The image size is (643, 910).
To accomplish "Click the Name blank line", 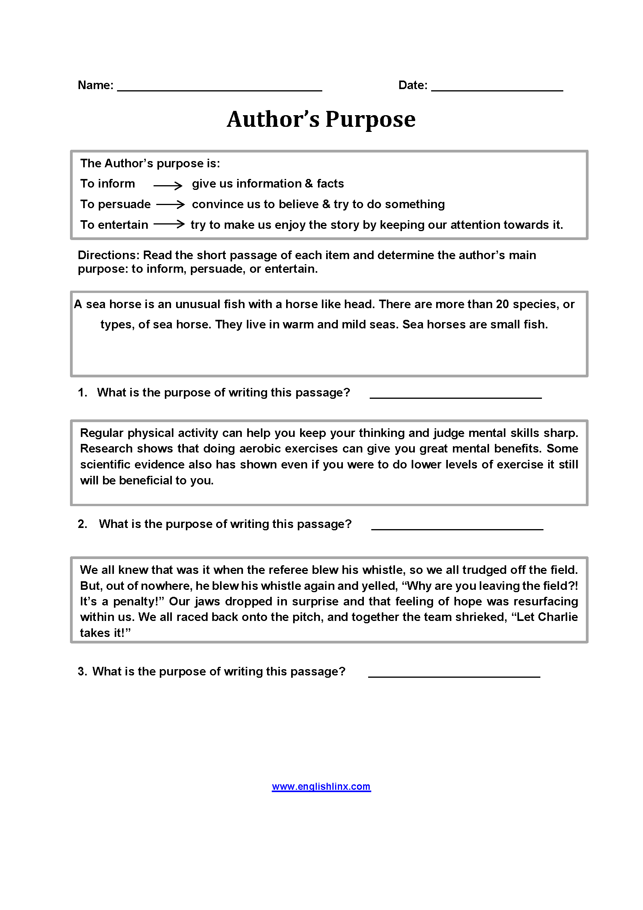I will point(220,89).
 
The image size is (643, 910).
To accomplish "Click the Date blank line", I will point(497,89).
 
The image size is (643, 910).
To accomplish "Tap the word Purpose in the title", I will point(370,119).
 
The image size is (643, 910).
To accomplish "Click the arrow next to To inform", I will point(168,185).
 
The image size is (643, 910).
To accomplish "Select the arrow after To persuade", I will point(170,205).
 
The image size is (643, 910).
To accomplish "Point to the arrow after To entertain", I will point(169,224).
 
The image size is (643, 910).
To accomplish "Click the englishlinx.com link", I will point(321,786).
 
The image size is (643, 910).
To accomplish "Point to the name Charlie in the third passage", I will point(558,617).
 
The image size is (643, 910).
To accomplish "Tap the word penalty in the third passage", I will point(135,601).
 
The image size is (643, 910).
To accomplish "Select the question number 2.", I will point(82,524).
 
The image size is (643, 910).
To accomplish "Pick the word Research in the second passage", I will point(106,448).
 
